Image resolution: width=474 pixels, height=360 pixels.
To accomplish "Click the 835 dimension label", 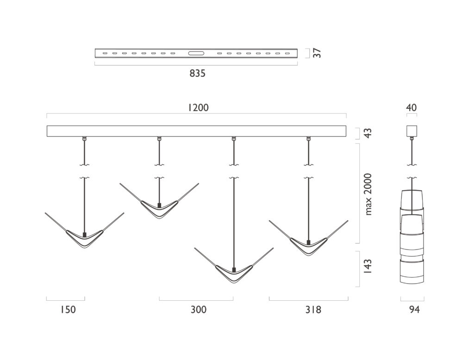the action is click(197, 74).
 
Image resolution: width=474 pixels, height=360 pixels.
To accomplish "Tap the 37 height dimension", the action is click(317, 53).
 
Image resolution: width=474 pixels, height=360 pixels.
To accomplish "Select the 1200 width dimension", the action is click(198, 108).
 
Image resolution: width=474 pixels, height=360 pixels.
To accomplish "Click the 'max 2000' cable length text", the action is click(368, 194).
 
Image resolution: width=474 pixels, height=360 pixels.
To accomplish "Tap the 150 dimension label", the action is click(67, 310).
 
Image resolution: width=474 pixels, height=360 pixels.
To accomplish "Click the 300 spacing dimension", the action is click(199, 310).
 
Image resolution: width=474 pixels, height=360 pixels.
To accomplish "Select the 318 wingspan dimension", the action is click(313, 310).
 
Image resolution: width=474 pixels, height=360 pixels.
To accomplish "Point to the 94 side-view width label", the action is click(414, 310).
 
